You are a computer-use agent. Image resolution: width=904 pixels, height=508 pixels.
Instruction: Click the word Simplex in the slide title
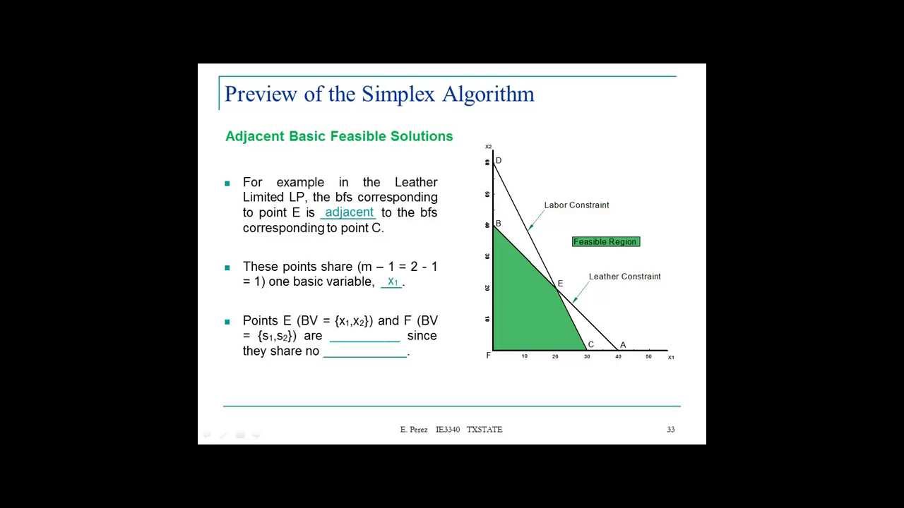tap(398, 94)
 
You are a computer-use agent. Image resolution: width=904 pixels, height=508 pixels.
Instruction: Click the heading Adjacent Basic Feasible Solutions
tap(339, 136)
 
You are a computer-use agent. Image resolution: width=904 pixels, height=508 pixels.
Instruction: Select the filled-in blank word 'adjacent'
tap(349, 212)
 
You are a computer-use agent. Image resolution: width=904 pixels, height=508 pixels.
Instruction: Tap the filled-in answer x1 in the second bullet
tap(393, 282)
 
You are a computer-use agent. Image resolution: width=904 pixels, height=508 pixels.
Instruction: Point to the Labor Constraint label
tap(576, 205)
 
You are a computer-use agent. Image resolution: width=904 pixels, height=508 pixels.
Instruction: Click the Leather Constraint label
tap(624, 277)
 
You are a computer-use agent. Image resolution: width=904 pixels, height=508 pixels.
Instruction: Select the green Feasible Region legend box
tap(605, 242)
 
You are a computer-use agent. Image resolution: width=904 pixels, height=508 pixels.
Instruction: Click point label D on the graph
tap(499, 161)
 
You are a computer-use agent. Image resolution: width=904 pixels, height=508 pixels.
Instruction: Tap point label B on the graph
tap(498, 224)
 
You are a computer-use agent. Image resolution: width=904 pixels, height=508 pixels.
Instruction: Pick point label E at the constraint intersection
tap(560, 284)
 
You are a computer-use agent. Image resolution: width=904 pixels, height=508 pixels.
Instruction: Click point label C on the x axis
tap(590, 345)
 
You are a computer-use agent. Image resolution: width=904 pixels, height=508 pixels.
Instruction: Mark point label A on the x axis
tap(623, 345)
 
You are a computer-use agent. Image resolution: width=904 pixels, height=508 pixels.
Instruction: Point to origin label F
tap(488, 356)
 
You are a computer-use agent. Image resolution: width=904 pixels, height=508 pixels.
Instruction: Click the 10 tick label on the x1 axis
tap(525, 356)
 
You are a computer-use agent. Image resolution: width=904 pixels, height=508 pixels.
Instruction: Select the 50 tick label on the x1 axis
tap(648, 356)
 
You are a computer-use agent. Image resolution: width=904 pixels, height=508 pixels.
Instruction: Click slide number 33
tap(670, 430)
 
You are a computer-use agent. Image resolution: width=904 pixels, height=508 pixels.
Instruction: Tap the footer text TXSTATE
tap(484, 430)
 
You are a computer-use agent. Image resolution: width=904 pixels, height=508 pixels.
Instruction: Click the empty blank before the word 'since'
tap(364, 337)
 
